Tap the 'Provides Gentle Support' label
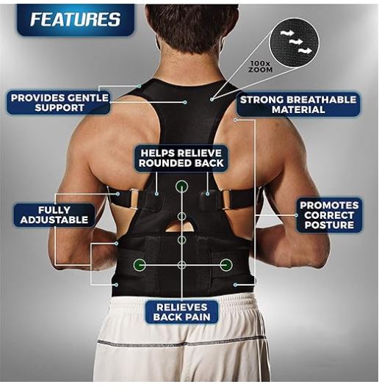coord(59,103)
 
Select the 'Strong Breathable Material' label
coord(297,104)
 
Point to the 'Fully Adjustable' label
coord(54,214)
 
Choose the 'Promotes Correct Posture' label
coord(329,215)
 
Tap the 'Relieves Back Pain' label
coord(181,312)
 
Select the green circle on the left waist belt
coord(139,264)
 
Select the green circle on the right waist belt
coord(225,264)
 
